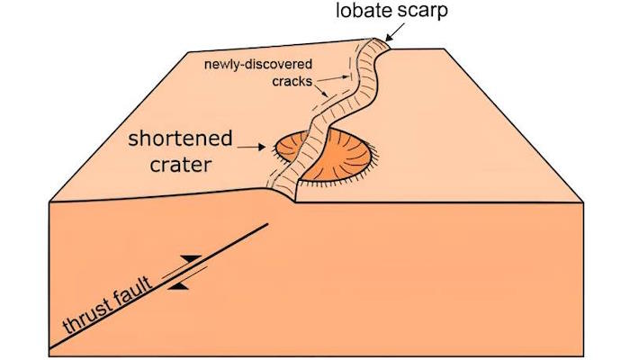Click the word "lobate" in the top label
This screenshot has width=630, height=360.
(364, 10)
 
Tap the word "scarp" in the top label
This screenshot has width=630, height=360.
(422, 12)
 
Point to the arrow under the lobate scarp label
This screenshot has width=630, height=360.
(396, 31)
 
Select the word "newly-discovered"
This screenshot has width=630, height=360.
(258, 64)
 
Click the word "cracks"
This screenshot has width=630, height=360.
(292, 82)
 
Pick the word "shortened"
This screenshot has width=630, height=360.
(180, 139)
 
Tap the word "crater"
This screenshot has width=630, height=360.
(181, 165)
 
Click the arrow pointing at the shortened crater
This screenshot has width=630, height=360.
(251, 147)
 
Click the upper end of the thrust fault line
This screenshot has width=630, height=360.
(267, 224)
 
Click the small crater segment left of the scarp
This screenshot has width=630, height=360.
(292, 147)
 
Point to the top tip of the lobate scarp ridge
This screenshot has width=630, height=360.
(375, 39)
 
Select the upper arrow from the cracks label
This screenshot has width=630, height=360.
(331, 78)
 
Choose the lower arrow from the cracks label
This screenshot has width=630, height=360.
(321, 90)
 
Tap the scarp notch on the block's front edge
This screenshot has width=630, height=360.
(295, 201)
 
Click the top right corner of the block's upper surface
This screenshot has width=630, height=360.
(444, 49)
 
